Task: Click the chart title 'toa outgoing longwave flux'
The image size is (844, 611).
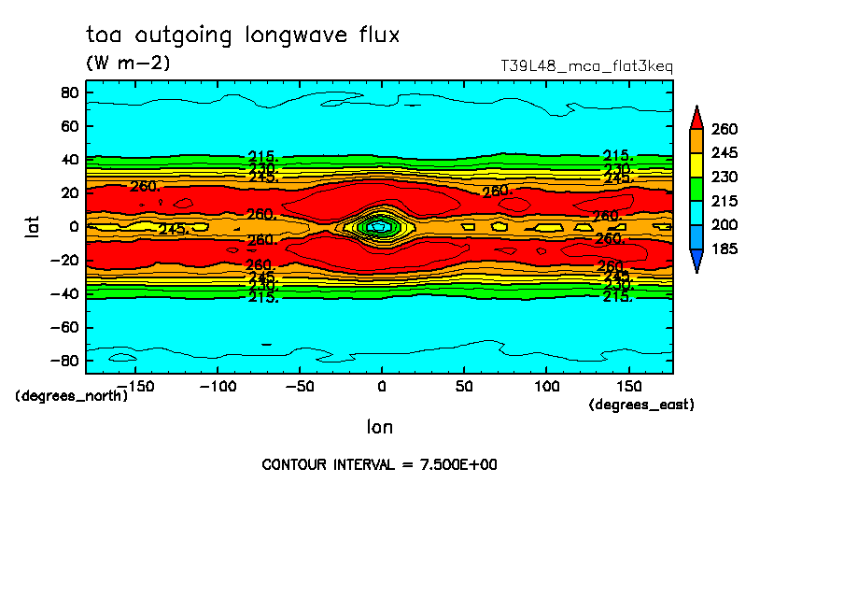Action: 243,36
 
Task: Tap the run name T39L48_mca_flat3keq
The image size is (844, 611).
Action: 586,66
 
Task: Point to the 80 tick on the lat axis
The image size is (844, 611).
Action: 68,92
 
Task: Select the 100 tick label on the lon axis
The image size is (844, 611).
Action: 546,386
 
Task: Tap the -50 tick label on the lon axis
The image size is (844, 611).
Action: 299,386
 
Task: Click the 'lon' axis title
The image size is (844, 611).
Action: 379,427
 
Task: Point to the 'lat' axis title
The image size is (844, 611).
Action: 33,225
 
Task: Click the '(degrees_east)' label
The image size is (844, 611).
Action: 641,405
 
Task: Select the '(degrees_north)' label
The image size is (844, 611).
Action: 72,395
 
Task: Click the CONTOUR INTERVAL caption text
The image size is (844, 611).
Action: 379,464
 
